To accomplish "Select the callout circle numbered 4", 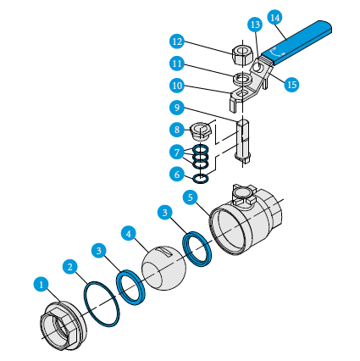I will click(x=129, y=232).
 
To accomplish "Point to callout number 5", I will click(x=191, y=197).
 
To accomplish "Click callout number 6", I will click(x=176, y=174).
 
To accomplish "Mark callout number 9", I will click(x=176, y=108).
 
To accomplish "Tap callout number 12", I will click(x=176, y=41).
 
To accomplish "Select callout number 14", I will click(x=274, y=17).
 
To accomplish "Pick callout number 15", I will click(x=292, y=85).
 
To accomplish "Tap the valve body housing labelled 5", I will click(x=246, y=225).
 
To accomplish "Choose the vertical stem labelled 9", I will click(x=244, y=140).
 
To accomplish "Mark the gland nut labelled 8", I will click(x=202, y=131).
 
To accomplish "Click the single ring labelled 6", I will click(x=201, y=179).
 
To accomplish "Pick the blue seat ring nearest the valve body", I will click(x=199, y=251).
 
